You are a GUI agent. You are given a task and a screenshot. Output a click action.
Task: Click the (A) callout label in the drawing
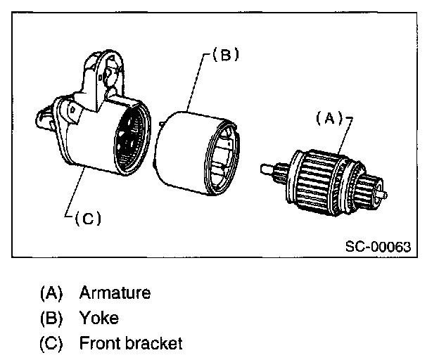coord(328,119)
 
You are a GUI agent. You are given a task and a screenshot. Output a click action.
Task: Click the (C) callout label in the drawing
coord(87,218)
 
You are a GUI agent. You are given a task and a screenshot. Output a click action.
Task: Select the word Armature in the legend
coord(115,292)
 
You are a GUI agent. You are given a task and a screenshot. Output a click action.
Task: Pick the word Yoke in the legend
coord(98,318)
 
